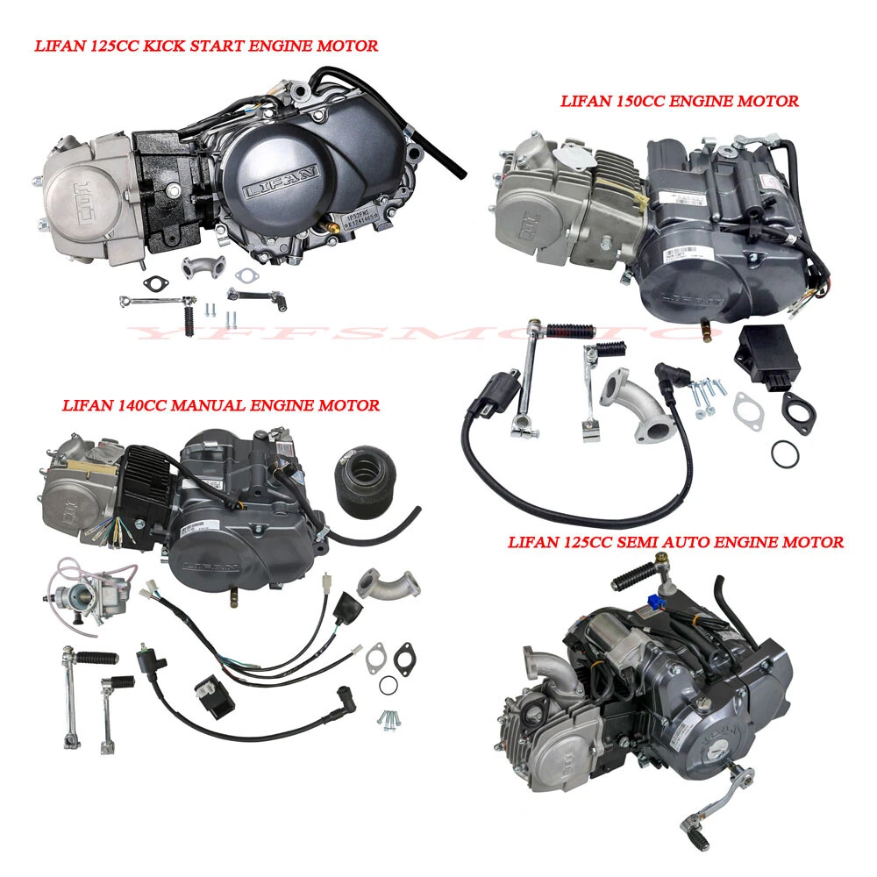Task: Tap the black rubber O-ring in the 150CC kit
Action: tap(786, 453)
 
